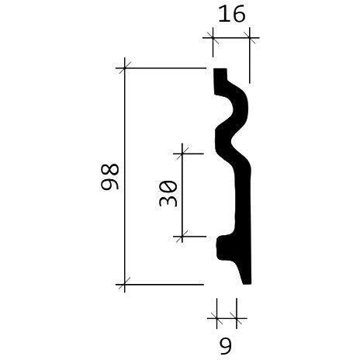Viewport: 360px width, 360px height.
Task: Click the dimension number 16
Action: coord(230,16)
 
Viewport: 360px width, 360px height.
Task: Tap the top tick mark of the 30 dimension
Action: coord(182,154)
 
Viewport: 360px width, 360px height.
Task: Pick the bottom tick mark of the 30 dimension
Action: coord(182,236)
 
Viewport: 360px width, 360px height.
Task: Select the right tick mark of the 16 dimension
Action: coord(250,36)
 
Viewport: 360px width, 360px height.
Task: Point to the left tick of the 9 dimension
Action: coord(215,317)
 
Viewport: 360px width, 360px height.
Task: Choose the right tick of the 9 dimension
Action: coord(236,317)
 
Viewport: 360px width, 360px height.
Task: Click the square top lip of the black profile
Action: coord(220,75)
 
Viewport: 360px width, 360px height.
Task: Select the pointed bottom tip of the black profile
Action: coord(247,281)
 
